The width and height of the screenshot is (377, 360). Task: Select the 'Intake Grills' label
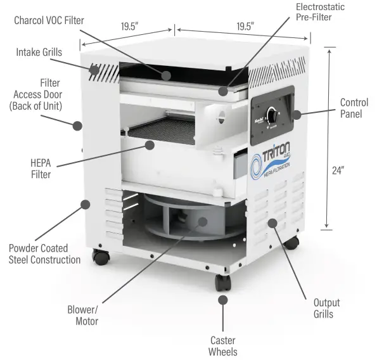(x=39, y=52)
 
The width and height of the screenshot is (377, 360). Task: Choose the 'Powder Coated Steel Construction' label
(x=44, y=254)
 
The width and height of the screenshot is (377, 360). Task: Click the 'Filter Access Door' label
(x=35, y=94)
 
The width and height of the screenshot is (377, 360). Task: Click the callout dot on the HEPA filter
(x=150, y=145)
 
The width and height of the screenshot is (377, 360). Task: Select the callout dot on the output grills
(x=272, y=222)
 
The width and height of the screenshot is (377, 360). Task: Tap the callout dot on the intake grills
(x=94, y=70)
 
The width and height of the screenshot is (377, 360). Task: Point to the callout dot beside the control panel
(x=297, y=114)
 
